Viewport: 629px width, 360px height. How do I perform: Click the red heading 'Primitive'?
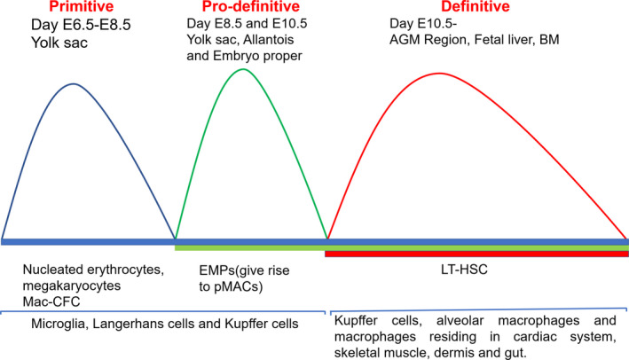coord(82,6)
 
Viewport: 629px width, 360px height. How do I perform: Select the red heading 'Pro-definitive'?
coord(251,6)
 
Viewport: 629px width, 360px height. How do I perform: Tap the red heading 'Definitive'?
coord(476,6)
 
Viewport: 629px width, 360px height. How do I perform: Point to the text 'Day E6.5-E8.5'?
coord(81,25)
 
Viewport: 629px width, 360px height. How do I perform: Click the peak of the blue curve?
coord(74,83)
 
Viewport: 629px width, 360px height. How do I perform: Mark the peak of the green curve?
coord(243,69)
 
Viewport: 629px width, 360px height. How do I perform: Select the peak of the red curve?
coord(439,74)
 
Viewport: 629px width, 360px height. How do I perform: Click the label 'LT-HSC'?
coord(464,270)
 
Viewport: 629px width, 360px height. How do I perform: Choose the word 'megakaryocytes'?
coord(72,286)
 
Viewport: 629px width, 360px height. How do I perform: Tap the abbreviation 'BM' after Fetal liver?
coord(549,39)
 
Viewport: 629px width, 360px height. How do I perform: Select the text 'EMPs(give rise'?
coord(244,270)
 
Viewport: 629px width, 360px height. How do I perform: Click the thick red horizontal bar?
coord(476,254)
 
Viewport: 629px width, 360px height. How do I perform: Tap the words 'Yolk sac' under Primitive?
coord(59,43)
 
